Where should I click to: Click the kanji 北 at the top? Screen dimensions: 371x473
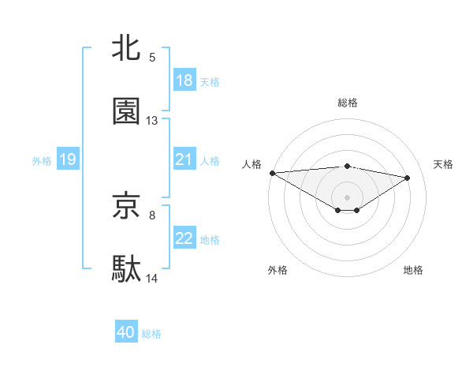pyautogui.click(x=126, y=47)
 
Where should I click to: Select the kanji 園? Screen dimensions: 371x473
pyautogui.click(x=126, y=111)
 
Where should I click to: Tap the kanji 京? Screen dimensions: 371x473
pyautogui.click(x=126, y=205)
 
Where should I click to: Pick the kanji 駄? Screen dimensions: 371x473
pyautogui.click(x=126, y=269)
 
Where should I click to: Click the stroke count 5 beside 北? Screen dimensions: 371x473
pyautogui.click(x=152, y=57)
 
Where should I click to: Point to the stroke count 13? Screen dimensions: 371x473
pyautogui.click(x=152, y=121)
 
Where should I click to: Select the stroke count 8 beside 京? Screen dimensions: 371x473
pyautogui.click(x=152, y=215)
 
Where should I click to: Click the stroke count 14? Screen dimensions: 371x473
pyautogui.click(x=152, y=279)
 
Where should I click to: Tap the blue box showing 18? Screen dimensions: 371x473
pyautogui.click(x=184, y=81)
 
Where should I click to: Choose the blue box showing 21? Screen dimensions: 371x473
pyautogui.click(x=184, y=159)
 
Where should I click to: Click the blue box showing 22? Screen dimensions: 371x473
pyautogui.click(x=184, y=238)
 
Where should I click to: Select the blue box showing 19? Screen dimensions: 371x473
pyautogui.click(x=68, y=159)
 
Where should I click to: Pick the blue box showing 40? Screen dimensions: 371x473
pyautogui.click(x=126, y=332)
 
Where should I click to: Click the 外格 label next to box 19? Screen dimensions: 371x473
pyautogui.click(x=42, y=160)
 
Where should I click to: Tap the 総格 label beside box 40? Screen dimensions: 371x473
pyautogui.click(x=151, y=333)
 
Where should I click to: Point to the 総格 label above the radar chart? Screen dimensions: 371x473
pyautogui.click(x=348, y=103)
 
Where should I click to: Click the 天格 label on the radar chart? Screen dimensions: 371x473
pyautogui.click(x=444, y=164)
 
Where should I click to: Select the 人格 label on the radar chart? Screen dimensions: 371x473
pyautogui.click(x=251, y=164)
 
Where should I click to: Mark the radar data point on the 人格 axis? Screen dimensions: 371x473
pyautogui.click(x=272, y=173)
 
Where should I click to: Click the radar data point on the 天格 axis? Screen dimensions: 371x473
pyautogui.click(x=408, y=178)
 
